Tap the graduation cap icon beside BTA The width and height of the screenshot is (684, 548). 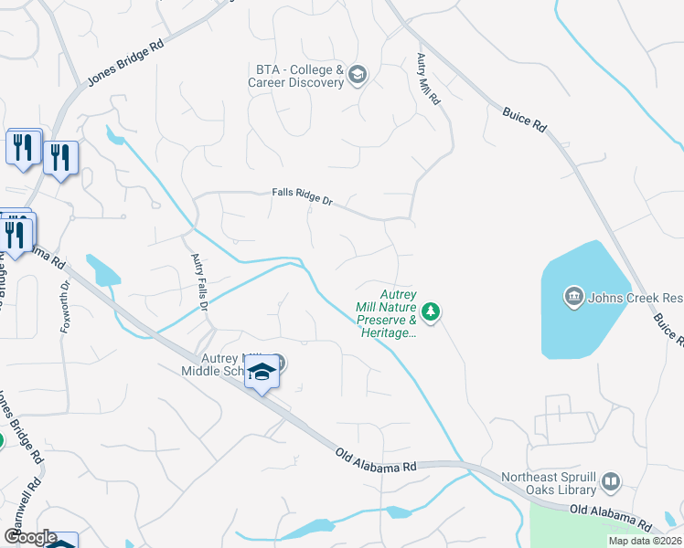coord(358,75)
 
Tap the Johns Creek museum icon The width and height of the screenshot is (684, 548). coord(574,297)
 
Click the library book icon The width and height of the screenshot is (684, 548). coord(611,481)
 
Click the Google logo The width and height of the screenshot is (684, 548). coord(30,537)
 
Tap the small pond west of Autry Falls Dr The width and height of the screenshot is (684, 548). coord(102,271)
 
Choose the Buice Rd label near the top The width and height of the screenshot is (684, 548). coord(524,120)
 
